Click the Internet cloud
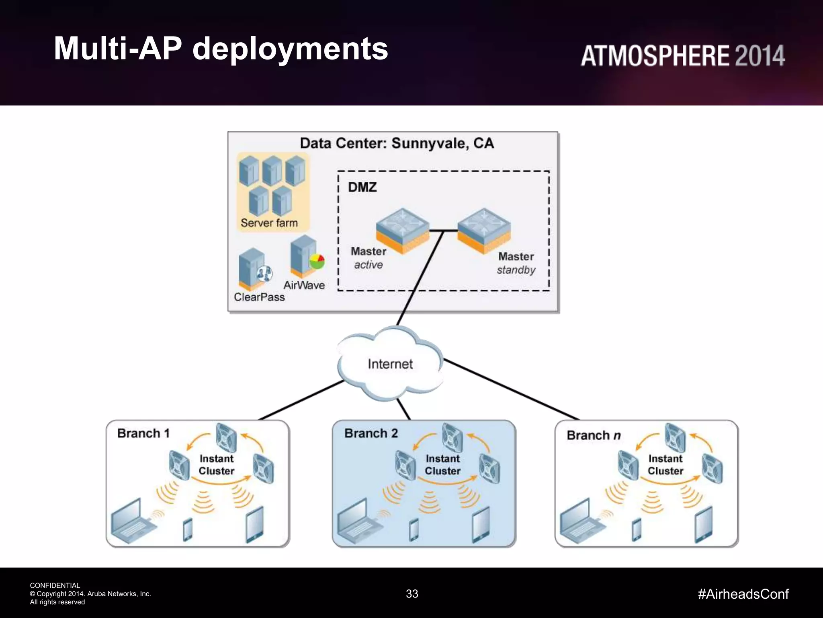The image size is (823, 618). point(390,364)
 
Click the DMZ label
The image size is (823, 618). point(362,187)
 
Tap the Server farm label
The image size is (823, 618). point(269,223)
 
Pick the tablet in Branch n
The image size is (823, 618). point(703,525)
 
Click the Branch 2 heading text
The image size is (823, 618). point(371,433)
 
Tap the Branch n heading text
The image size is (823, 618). point(594,435)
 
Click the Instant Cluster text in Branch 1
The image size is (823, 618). point(216,465)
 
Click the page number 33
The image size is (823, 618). point(412,594)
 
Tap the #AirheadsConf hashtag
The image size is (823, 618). point(743,594)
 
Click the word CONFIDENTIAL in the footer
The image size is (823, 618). point(55,585)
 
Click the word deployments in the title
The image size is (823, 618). point(290,49)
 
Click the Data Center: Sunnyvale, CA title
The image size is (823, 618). point(397,143)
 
